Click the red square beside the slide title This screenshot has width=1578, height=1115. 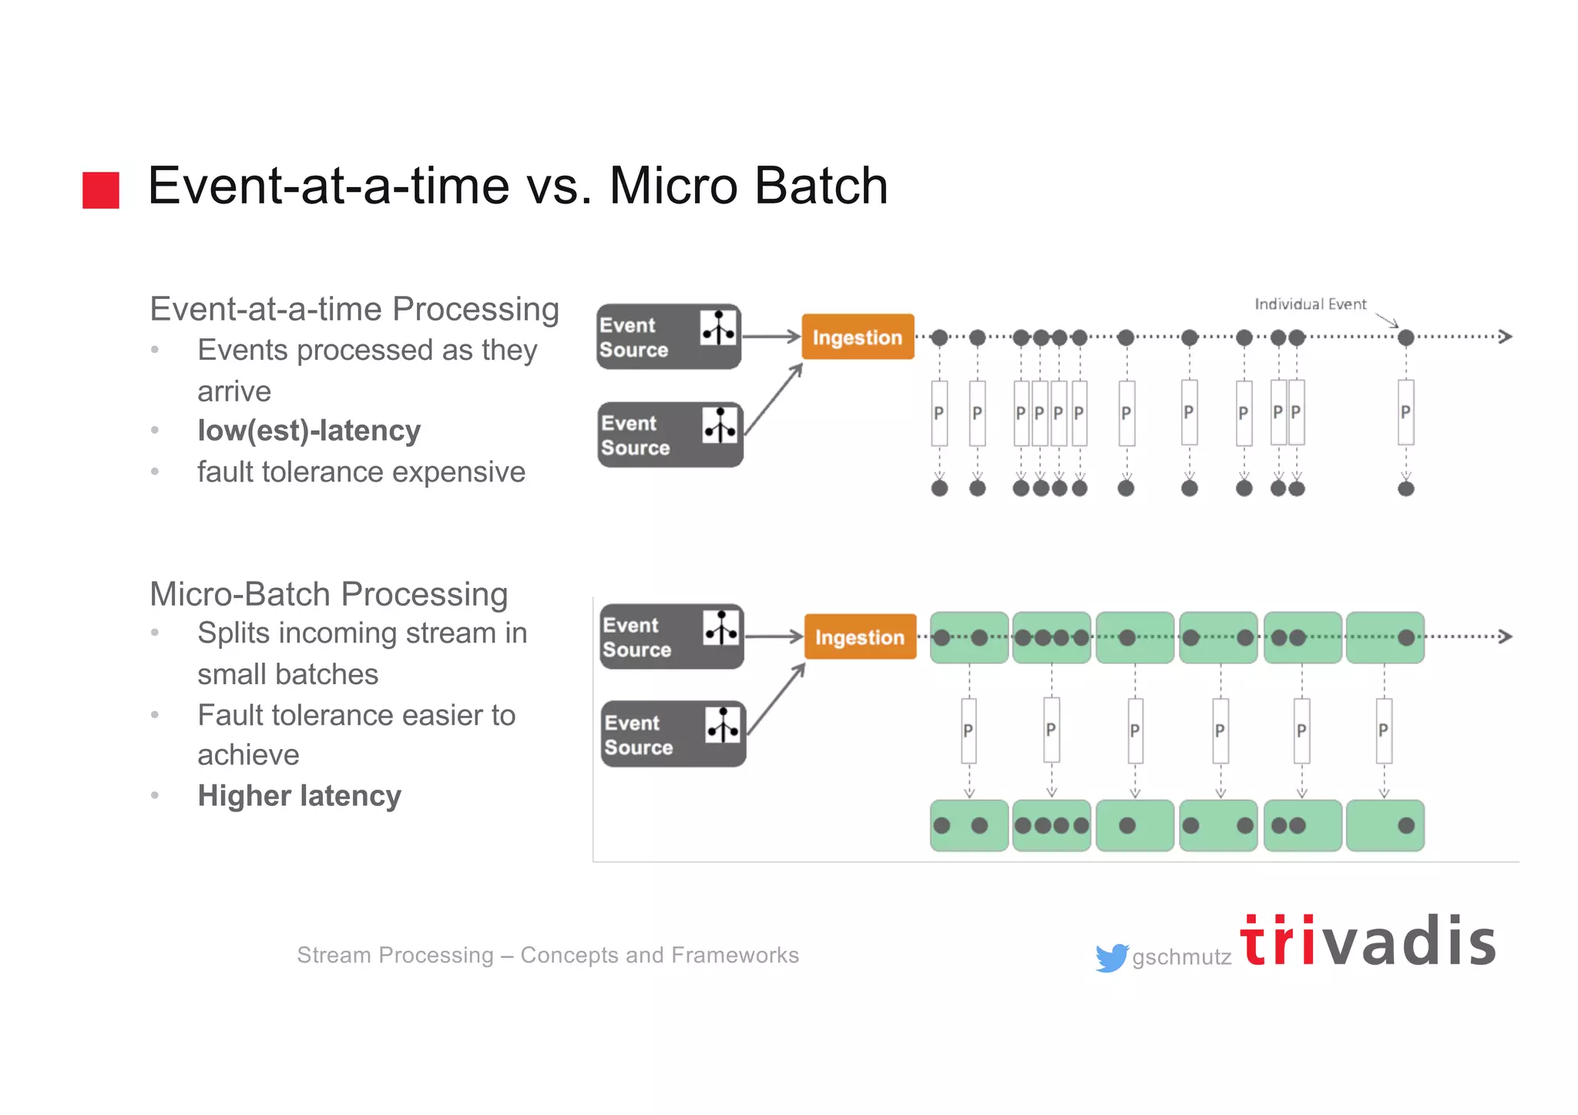[x=101, y=190]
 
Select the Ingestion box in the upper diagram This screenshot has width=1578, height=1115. [x=858, y=337]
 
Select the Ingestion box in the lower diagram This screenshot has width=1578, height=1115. [x=860, y=636]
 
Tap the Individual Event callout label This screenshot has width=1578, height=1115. [x=1310, y=304]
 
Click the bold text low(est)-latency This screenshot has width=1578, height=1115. [x=309, y=430]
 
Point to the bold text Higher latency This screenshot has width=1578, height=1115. [x=299, y=795]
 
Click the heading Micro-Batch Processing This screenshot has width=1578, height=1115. [x=328, y=594]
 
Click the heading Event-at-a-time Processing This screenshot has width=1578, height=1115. [x=354, y=309]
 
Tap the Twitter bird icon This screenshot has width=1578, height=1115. [x=1111, y=957]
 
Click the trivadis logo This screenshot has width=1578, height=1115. [x=1368, y=941]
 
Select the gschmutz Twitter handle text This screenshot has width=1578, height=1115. [x=1181, y=957]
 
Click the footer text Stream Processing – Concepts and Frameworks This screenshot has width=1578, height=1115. [x=548, y=955]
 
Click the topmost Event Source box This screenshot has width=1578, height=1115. [x=668, y=337]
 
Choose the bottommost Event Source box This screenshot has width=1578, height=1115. [x=673, y=734]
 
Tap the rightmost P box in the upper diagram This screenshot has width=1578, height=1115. [x=1405, y=412]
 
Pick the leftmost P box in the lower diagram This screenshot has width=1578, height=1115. [x=969, y=730]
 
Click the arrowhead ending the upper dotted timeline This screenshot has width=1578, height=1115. [x=1505, y=337]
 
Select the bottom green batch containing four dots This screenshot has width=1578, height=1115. [x=1051, y=825]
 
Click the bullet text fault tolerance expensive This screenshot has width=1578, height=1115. [x=361, y=472]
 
